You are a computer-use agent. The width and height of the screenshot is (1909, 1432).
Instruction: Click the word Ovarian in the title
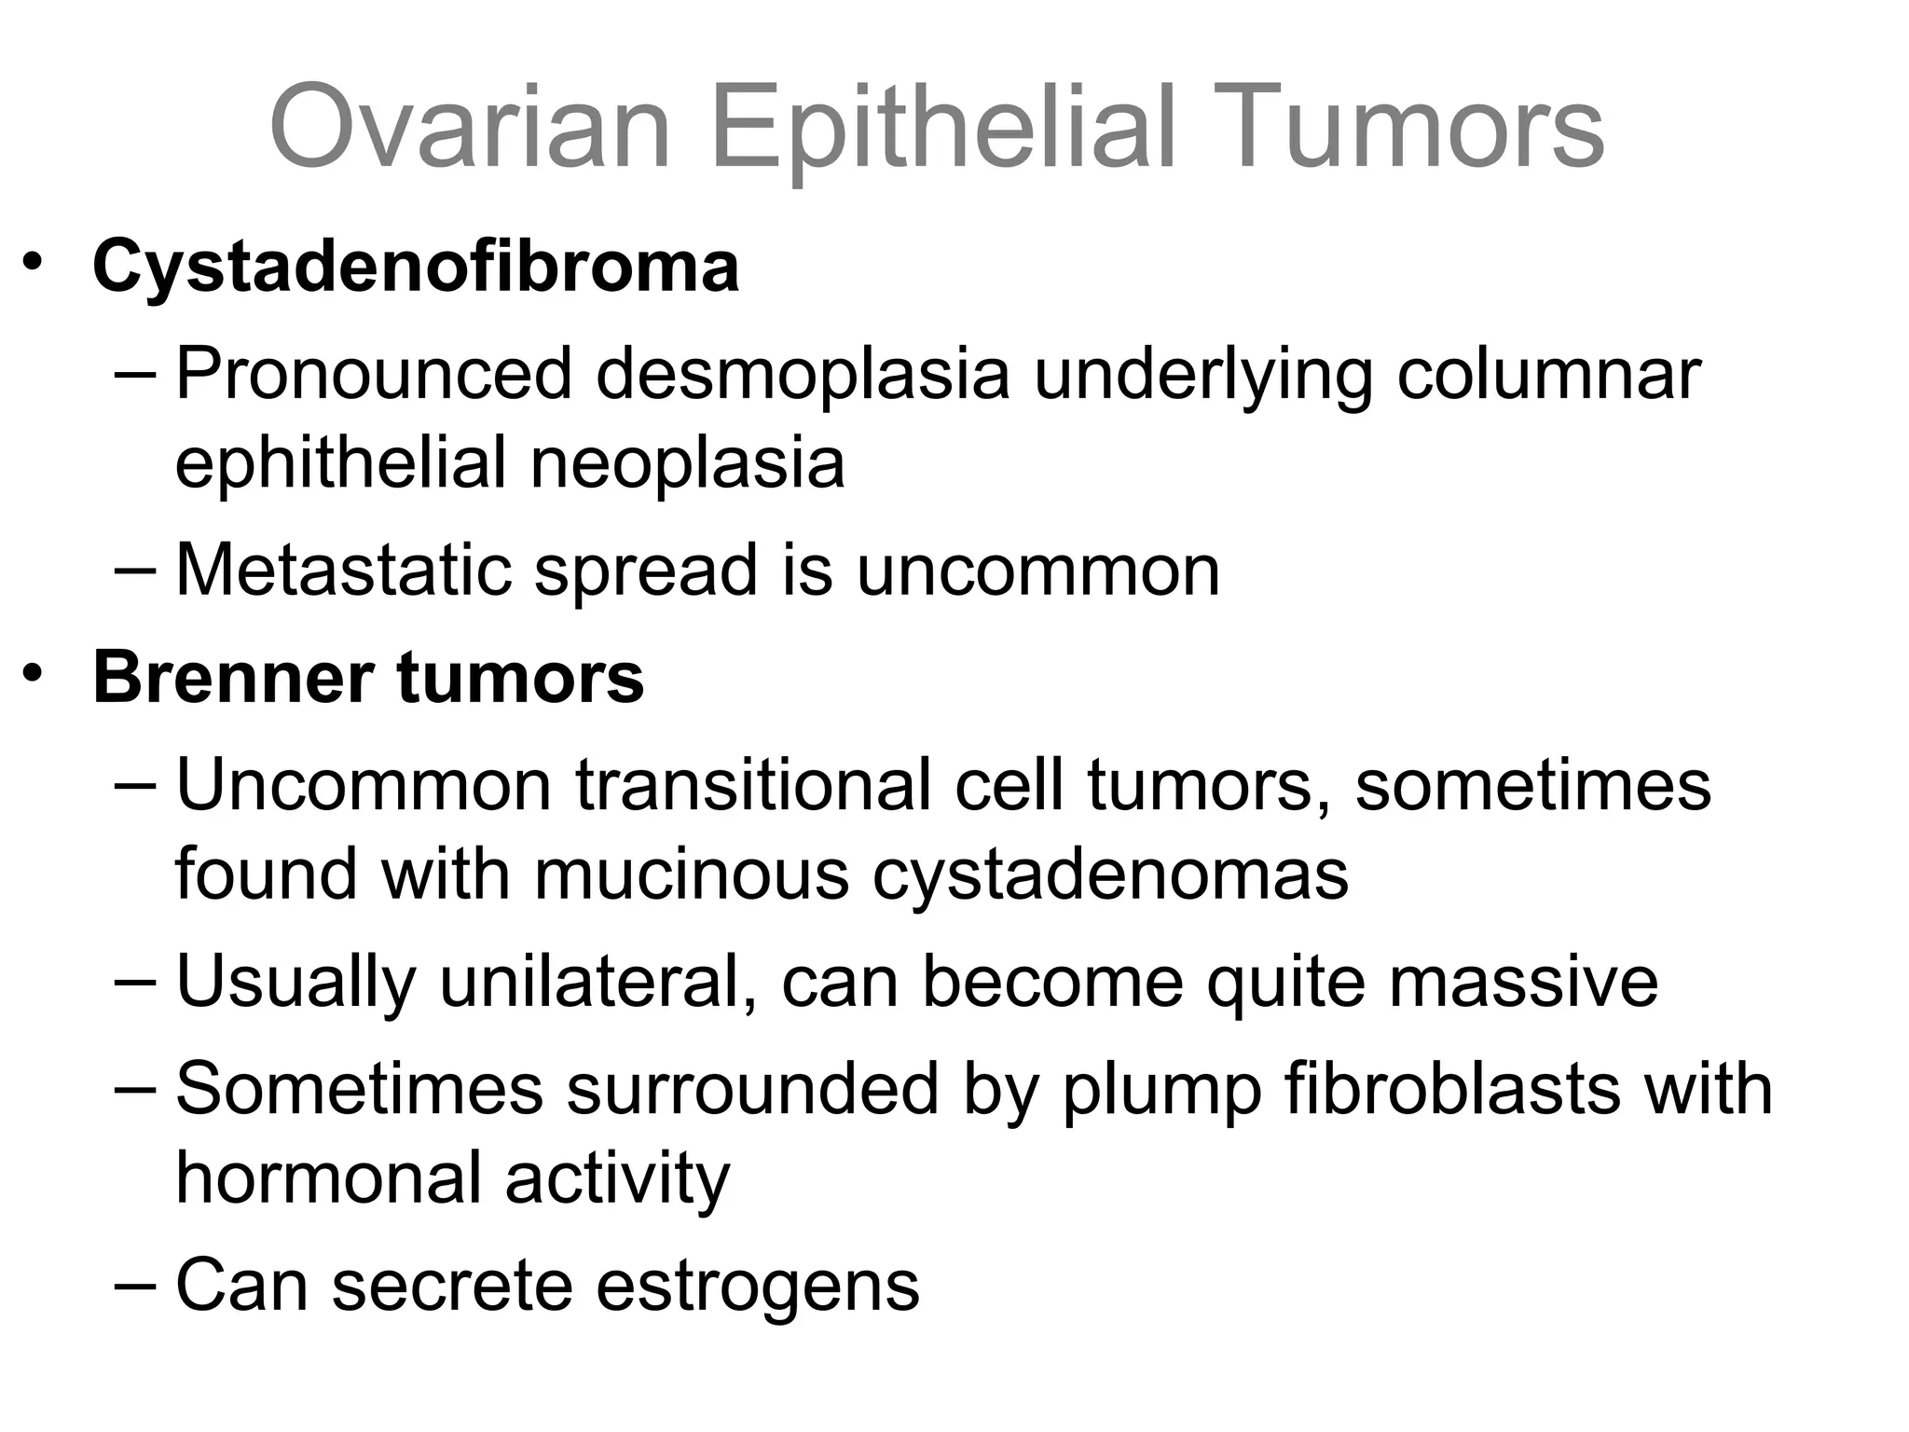tap(470, 127)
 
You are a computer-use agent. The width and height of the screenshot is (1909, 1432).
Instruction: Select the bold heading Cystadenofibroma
tap(416, 267)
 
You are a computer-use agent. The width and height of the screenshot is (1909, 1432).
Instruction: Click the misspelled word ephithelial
tap(341, 463)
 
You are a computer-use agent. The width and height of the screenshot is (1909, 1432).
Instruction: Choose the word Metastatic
tap(343, 570)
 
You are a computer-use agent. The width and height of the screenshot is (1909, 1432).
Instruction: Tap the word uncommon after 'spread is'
tap(1037, 570)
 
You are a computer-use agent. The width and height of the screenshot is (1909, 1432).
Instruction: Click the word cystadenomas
tap(1110, 874)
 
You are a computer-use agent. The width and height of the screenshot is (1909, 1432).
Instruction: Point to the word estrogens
tap(757, 1286)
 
